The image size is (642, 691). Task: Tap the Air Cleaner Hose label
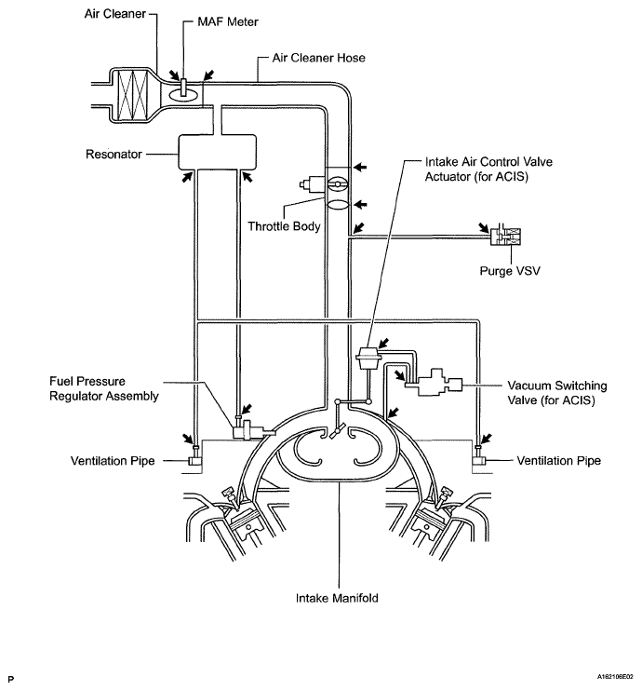point(318,58)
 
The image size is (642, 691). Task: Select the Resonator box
point(216,149)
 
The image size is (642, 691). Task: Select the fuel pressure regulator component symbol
point(247,428)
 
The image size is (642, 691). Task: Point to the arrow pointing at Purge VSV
point(483,226)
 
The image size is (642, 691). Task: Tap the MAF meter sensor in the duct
point(185,88)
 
